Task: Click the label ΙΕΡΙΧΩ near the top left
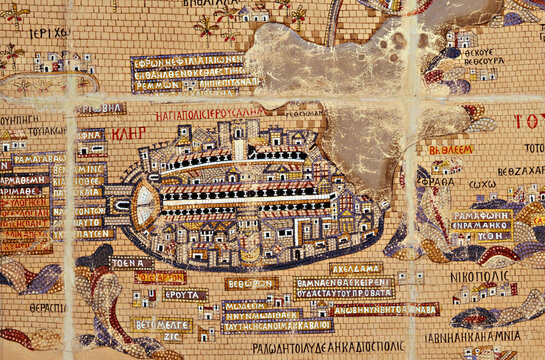[48, 32]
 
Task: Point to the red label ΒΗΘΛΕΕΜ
[451, 150]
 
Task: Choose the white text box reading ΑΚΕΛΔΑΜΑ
[356, 268]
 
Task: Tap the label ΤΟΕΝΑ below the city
[132, 263]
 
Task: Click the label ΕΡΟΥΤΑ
[185, 295]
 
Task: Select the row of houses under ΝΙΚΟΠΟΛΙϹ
[486, 295]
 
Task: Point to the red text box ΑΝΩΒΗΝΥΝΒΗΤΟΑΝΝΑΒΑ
[385, 309]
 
